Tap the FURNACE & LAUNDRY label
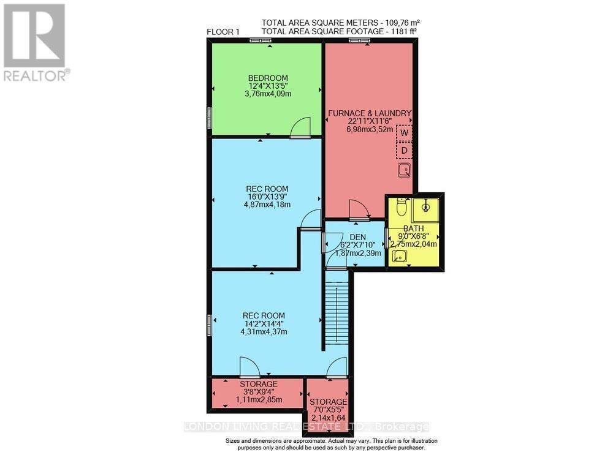[369, 113]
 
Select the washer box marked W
[404, 132]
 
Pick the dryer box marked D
[404, 150]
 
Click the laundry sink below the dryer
[405, 170]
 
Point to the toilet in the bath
[402, 208]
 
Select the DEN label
[357, 237]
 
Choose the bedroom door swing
[302, 127]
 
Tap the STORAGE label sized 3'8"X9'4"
[258, 384]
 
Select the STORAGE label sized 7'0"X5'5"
[328, 402]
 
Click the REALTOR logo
[36, 43]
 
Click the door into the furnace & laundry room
[359, 210]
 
